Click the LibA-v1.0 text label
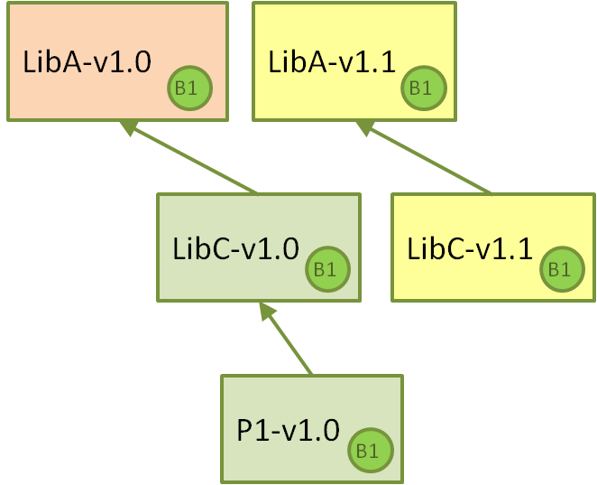[87, 61]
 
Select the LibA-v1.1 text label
[332, 61]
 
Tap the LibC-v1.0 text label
[235, 248]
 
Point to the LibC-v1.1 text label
[470, 248]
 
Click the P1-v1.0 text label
[288, 430]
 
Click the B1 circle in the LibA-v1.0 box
[189, 89]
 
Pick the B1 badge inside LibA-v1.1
[423, 89]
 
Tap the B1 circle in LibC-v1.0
[327, 269]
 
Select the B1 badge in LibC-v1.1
[562, 269]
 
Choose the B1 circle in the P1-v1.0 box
[370, 451]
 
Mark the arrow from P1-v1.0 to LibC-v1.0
[286, 338]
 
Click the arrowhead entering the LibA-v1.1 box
[364, 127]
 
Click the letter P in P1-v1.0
[244, 430]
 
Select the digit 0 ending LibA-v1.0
[142, 61]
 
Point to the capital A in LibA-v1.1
[307, 61]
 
